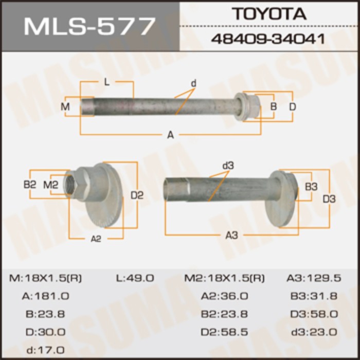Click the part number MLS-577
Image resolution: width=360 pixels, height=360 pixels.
(89, 25)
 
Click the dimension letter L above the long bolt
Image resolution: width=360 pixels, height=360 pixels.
(106, 82)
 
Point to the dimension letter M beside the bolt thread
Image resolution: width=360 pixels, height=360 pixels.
(65, 107)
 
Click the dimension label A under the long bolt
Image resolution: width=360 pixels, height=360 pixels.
(170, 135)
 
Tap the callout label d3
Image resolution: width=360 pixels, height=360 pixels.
(228, 166)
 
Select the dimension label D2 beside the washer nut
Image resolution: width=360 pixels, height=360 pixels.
(137, 195)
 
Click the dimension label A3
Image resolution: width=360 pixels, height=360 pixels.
(232, 235)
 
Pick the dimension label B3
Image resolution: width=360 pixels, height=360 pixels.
(311, 187)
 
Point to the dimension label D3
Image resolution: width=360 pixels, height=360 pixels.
(329, 199)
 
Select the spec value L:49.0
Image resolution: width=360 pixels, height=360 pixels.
(135, 278)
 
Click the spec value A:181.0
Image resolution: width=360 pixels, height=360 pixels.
(46, 296)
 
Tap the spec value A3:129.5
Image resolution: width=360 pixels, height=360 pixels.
(314, 278)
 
